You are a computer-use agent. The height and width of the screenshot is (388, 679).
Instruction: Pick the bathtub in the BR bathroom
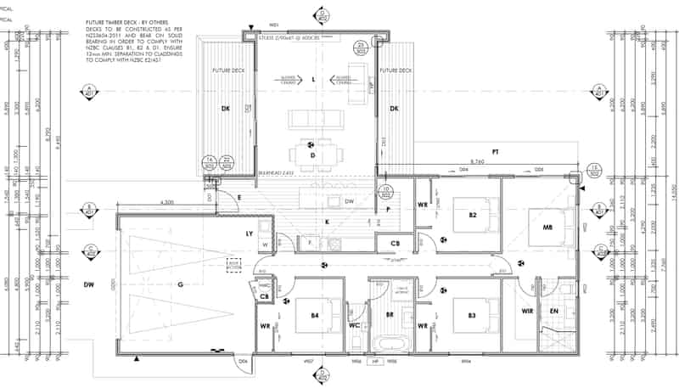pyautogui.click(x=394, y=344)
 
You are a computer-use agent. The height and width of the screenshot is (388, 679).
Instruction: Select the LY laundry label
pyautogui.click(x=250, y=233)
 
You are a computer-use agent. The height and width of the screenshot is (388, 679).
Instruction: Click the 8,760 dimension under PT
pyautogui.click(x=480, y=160)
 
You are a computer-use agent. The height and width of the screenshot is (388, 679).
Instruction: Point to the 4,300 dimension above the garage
pyautogui.click(x=167, y=202)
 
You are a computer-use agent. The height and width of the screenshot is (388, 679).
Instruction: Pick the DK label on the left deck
pyautogui.click(x=226, y=109)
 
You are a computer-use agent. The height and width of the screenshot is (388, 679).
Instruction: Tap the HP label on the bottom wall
pyautogui.click(x=374, y=361)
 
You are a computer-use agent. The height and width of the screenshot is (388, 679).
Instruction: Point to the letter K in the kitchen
pyautogui.click(x=327, y=222)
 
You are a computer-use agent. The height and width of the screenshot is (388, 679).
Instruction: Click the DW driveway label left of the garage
pyautogui.click(x=87, y=284)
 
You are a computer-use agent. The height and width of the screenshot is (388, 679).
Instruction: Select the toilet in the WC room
pyautogui.click(x=356, y=341)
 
